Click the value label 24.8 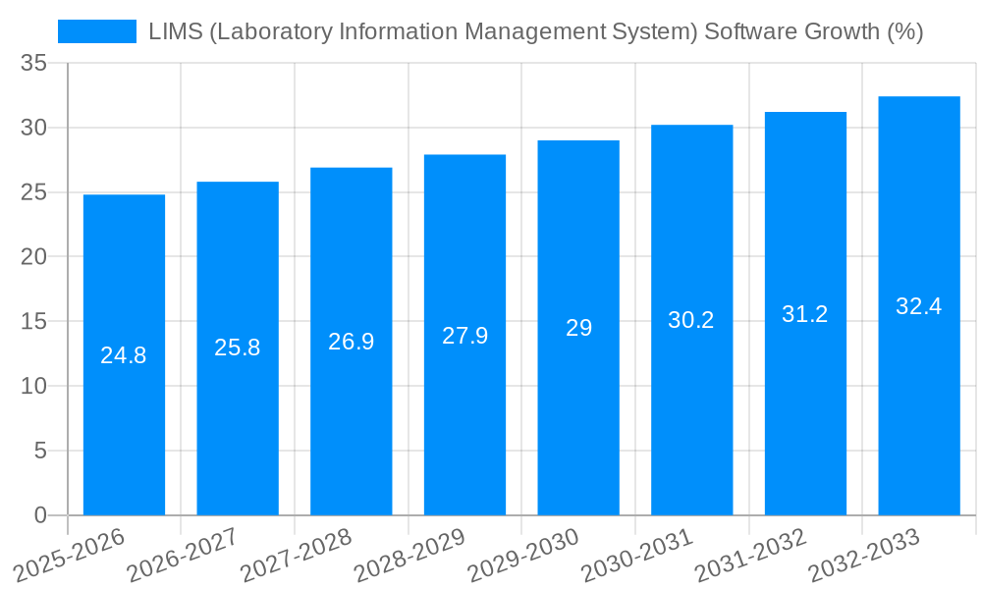(124, 355)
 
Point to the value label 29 (578, 328)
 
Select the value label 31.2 (805, 314)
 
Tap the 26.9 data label (351, 342)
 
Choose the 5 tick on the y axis (40, 451)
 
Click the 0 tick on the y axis (40, 515)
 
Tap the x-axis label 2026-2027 (183, 555)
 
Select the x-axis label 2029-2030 (523, 555)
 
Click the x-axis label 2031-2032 (750, 555)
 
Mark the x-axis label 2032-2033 (864, 555)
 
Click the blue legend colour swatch (97, 31)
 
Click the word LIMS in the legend (175, 31)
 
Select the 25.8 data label (238, 348)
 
